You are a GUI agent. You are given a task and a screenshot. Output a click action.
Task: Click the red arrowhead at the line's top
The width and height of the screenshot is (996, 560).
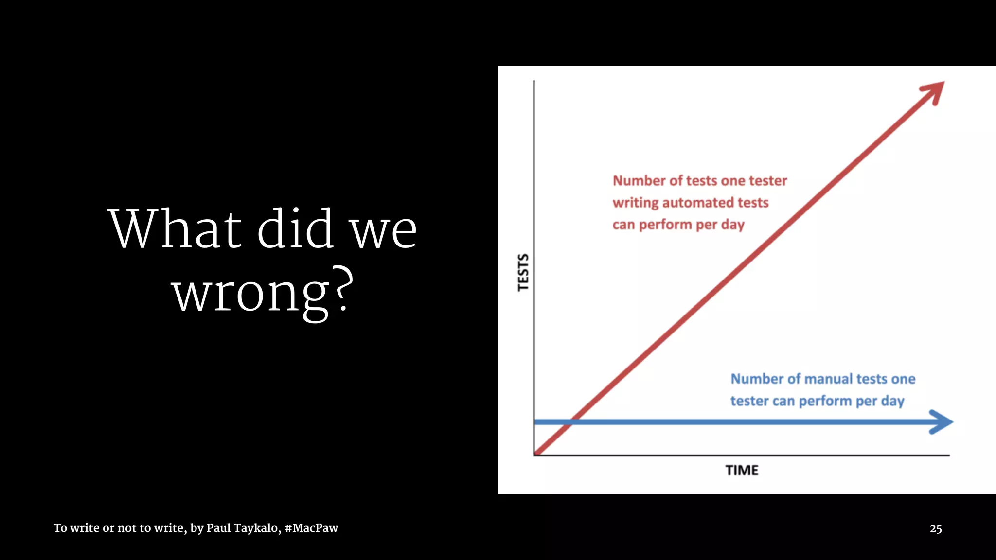tap(935, 90)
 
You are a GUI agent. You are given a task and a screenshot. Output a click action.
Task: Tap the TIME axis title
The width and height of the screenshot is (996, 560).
tap(742, 471)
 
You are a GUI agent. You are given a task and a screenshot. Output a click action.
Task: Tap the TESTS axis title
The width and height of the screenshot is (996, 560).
tap(523, 272)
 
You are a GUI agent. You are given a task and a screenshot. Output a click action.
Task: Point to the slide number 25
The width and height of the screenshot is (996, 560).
tap(936, 529)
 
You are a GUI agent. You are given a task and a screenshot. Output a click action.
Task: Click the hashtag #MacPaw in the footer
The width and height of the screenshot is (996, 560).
tap(311, 528)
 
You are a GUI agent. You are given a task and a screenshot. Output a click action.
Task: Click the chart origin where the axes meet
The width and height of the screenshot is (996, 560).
tap(534, 455)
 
